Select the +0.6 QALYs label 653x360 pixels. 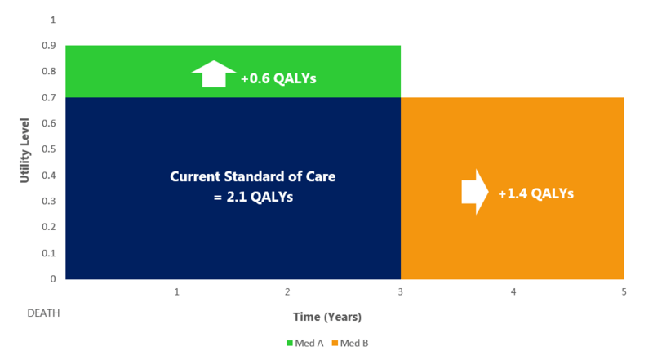278,79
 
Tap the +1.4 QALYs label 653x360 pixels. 535,193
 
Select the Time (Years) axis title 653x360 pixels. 327,316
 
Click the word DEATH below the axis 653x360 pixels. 43,313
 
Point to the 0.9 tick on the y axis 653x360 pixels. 50,46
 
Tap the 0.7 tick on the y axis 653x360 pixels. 50,98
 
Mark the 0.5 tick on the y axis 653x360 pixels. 50,149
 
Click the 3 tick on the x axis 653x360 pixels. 401,291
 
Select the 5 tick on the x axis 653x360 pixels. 624,291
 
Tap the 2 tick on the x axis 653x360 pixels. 288,291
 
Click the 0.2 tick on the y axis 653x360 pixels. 50,227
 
